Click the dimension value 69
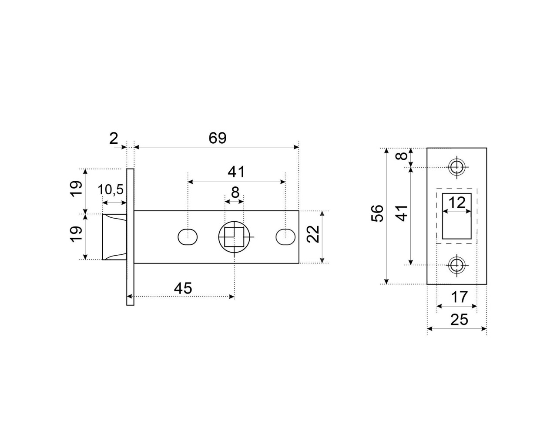coord(217,138)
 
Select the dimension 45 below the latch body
coord(183,288)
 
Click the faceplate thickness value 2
coord(114,139)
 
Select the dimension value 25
coord(459,320)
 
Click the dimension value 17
coord(459,297)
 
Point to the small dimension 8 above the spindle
coord(235,192)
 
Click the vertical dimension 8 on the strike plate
coord(403,156)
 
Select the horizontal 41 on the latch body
coord(236,172)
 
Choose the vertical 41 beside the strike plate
coord(403,213)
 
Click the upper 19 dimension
coord(77,189)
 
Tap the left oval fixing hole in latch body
coord(188,237)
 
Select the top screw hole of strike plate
coord(456,167)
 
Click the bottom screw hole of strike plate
coord(456,264)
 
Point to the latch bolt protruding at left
coord(114,237)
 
